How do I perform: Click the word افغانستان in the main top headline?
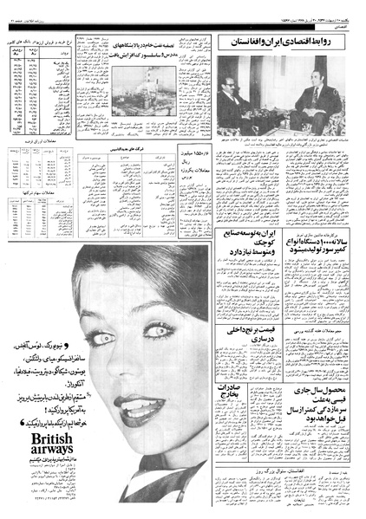[x=255, y=42]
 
